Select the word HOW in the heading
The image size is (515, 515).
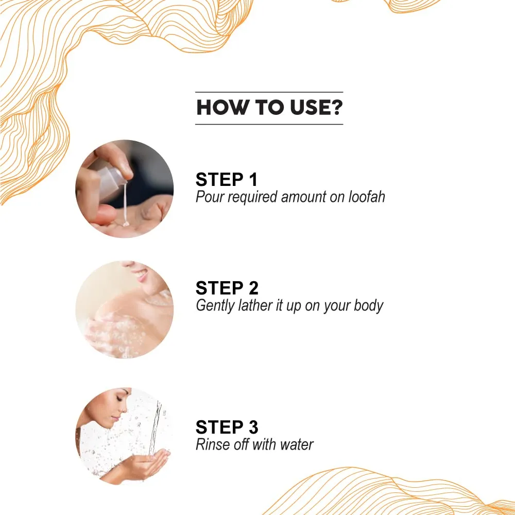[222, 108]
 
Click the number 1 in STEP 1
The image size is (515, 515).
[253, 179]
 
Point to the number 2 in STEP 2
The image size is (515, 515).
[253, 288]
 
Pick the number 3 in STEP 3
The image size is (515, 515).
[253, 427]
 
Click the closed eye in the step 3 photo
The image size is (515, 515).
[119, 399]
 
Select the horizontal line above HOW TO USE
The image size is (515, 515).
[269, 92]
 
